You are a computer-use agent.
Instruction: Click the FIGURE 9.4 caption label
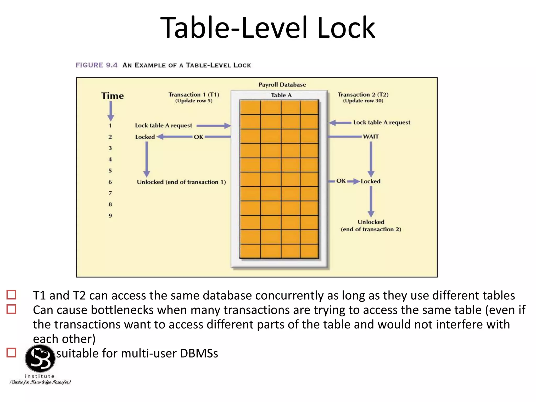point(97,65)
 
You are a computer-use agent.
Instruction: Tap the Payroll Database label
point(282,85)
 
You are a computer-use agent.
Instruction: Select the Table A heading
point(281,95)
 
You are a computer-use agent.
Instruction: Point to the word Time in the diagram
point(113,96)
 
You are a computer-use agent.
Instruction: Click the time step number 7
point(110,193)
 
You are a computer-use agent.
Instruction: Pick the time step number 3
point(110,148)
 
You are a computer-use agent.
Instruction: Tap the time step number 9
point(110,216)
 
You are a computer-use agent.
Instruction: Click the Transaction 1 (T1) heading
point(194,94)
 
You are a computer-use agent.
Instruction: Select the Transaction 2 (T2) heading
point(363,94)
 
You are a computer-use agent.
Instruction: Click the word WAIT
point(371,137)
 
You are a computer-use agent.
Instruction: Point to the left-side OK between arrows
point(198,137)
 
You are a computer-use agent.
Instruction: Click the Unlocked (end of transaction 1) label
point(181,182)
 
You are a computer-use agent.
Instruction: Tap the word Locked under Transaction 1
point(145,137)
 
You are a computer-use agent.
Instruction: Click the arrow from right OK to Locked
point(353,181)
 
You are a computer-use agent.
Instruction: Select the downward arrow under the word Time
point(111,110)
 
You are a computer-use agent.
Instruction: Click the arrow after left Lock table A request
point(213,126)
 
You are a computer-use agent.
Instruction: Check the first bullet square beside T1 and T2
point(11,295)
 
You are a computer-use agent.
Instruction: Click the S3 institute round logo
point(40,359)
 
